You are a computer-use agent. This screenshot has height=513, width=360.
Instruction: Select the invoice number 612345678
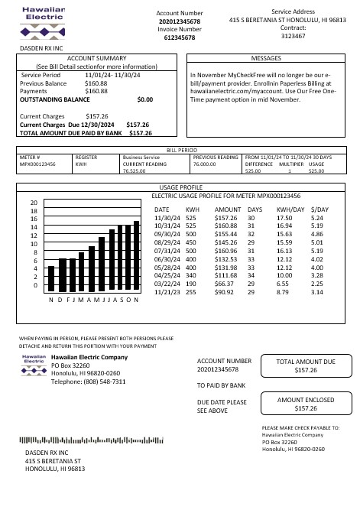pyautogui.click(x=180, y=37)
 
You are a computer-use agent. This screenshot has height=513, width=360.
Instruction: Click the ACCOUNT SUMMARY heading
pyautogui.click(x=96, y=58)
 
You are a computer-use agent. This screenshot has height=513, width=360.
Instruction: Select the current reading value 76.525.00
pyautogui.click(x=134, y=170)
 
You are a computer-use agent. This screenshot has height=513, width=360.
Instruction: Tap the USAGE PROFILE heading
pyautogui.click(x=180, y=187)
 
